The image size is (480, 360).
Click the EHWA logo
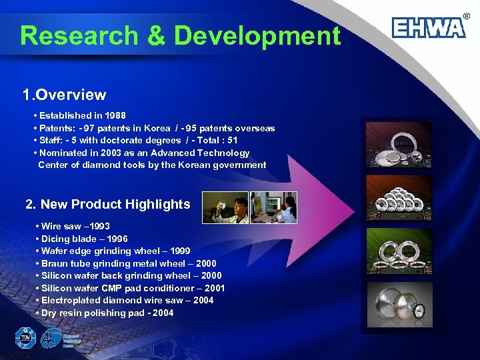tap(428, 27)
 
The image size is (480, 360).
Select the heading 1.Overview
tap(64, 95)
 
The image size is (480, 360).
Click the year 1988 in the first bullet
tap(115, 115)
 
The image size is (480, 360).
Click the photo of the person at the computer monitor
tap(273, 208)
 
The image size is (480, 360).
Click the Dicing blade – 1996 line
tap(85, 239)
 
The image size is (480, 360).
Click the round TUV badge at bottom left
tap(25, 338)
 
